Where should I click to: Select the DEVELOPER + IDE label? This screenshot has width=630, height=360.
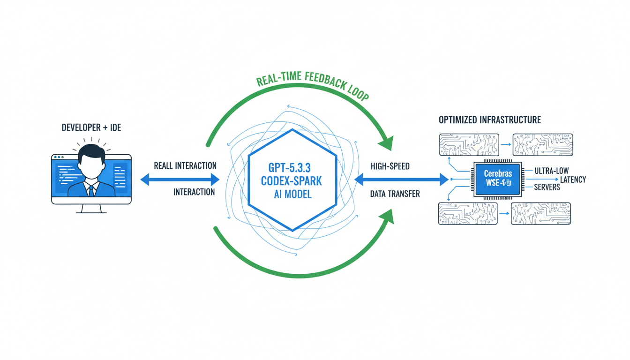coord(91,127)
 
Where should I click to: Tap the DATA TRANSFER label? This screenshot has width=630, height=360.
coord(395,194)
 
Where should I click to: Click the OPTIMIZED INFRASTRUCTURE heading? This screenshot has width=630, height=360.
coord(489,120)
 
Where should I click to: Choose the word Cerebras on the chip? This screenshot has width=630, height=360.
coord(498,173)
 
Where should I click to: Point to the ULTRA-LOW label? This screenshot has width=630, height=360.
coord(547,171)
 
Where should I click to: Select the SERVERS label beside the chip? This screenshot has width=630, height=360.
coord(547,187)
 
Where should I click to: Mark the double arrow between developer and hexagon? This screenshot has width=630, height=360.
coord(180,179)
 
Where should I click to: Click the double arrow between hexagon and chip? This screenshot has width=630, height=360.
coord(401,179)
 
